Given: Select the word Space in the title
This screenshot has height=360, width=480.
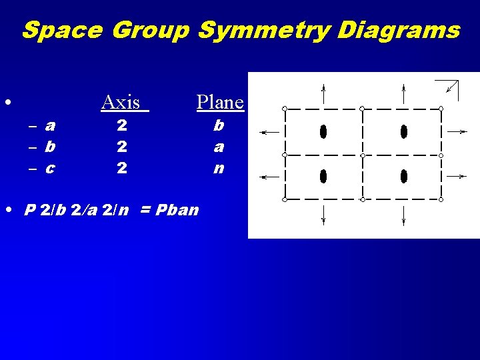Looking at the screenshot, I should [x=63, y=30].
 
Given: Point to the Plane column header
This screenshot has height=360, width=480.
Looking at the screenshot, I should [x=220, y=102].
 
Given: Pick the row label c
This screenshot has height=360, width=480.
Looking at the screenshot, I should [x=50, y=169].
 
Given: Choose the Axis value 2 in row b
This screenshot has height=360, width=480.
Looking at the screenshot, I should [x=121, y=146].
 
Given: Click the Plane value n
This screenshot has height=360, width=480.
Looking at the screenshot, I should [x=219, y=169].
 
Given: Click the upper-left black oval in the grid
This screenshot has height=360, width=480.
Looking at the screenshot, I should [x=323, y=131].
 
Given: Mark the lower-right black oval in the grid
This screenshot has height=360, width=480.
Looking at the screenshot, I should [x=404, y=176].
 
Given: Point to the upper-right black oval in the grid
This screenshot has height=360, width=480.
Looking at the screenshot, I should [x=404, y=131].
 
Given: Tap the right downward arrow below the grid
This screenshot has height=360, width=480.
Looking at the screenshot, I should [x=404, y=215].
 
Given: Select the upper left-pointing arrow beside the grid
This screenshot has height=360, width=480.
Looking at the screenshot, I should [x=269, y=133].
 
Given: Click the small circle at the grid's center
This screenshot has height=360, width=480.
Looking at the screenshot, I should [x=363, y=155].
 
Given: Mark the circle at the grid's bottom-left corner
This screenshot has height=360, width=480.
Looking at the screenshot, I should [x=285, y=199].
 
